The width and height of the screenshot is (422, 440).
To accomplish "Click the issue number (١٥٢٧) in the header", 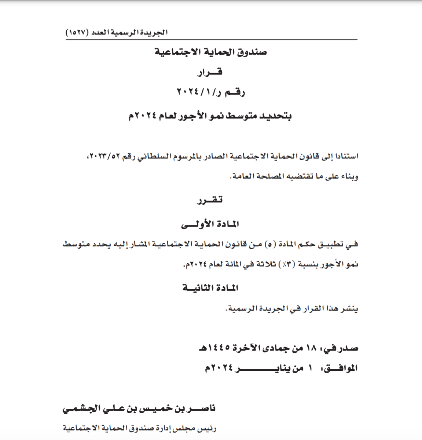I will [77, 32].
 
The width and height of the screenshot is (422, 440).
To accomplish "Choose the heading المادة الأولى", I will [210, 224].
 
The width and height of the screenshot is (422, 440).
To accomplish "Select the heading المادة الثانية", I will [210, 288].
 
